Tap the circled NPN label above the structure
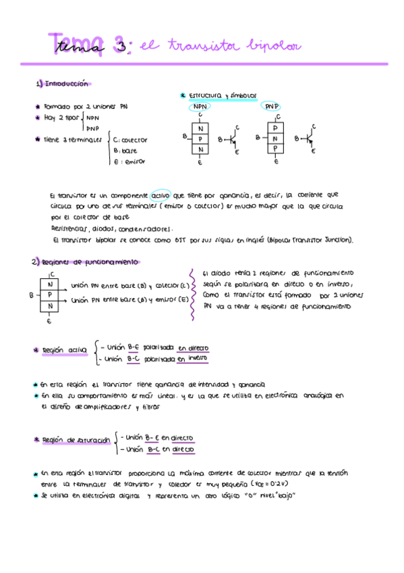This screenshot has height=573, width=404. tap(200, 107)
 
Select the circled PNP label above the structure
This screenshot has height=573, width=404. tap(272, 107)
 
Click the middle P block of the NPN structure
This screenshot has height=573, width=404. tap(200, 139)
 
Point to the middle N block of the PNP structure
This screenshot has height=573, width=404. tap(275, 139)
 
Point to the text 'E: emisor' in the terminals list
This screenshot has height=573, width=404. tap(129, 161)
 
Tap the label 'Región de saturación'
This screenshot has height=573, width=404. tap(76, 440)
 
